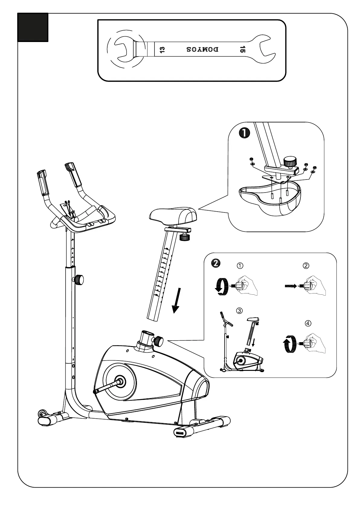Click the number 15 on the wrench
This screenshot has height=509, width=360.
coord(242,49)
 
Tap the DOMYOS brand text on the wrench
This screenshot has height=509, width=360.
coord(202,49)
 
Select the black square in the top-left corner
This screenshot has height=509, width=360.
coord(33,27)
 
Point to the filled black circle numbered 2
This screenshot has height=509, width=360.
coord(216,263)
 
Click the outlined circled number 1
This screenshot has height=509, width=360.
coord(240,266)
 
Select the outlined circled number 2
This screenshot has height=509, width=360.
coord(306,266)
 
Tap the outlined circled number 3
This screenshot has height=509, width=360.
coord(239,310)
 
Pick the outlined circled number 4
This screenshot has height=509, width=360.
coord(308,323)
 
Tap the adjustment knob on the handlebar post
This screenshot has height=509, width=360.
coord(79,280)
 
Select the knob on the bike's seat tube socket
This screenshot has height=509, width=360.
coord(158,341)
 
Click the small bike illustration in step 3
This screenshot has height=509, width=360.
coord(242,345)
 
